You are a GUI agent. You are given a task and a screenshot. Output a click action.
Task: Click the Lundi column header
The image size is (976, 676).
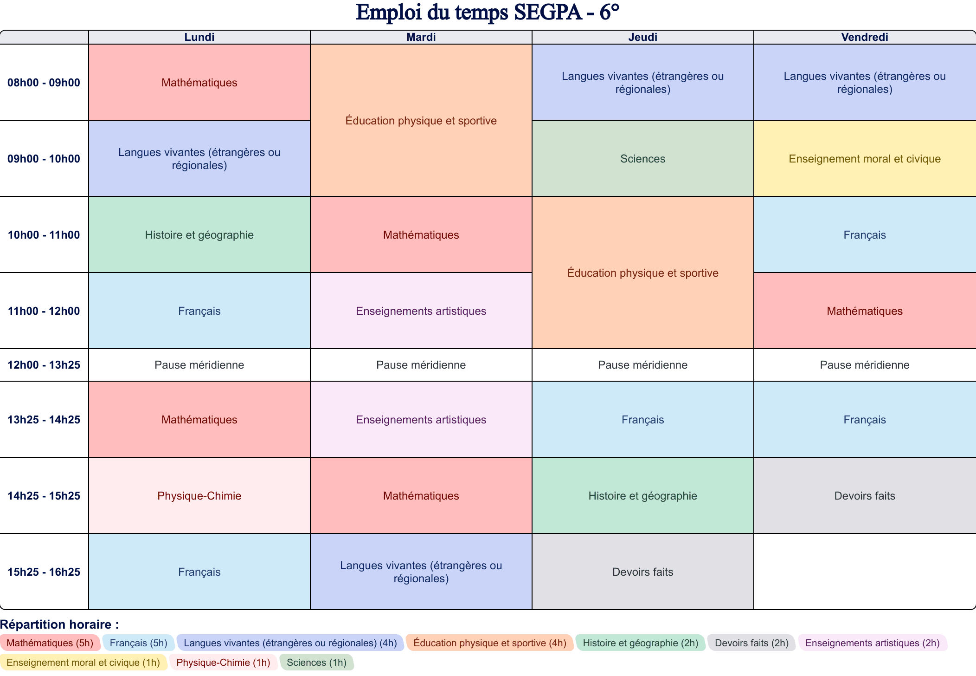(199, 37)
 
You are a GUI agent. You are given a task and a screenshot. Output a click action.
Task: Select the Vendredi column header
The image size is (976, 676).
(864, 37)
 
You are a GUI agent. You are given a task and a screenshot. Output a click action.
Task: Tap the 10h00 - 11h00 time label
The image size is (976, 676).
(44, 235)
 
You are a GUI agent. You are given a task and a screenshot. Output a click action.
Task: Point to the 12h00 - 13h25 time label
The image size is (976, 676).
(44, 365)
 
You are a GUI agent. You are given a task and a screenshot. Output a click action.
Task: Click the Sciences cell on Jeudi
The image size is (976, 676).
(642, 159)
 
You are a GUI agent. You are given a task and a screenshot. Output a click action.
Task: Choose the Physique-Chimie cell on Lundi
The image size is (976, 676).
(199, 496)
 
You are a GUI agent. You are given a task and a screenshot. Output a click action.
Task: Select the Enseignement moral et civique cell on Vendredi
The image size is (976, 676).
(864, 159)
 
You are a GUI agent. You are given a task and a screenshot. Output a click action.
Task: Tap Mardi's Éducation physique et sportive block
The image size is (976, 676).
(421, 121)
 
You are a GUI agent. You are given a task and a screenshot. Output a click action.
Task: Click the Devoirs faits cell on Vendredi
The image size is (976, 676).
(864, 496)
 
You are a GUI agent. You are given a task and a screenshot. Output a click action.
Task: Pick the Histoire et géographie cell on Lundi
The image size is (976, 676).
(199, 235)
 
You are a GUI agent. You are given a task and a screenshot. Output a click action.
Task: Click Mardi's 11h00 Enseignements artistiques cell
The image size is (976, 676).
(421, 311)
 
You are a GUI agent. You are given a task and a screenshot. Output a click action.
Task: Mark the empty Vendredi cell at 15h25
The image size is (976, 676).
(864, 572)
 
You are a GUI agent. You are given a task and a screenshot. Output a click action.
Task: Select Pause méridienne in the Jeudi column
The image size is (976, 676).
(642, 365)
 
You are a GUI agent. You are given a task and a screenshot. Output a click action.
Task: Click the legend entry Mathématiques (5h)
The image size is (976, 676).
(50, 643)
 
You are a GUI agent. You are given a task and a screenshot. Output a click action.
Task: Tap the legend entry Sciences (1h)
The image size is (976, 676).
(316, 663)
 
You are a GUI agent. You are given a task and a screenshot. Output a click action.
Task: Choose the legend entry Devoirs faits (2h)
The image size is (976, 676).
(751, 643)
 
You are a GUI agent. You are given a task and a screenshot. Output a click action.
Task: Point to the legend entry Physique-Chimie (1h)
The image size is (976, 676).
(223, 663)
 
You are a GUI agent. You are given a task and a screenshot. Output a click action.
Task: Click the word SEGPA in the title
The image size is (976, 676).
(548, 13)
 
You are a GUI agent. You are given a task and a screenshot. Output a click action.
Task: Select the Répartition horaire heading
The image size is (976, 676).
(59, 624)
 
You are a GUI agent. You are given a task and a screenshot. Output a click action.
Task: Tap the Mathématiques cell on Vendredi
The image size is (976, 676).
(864, 311)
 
